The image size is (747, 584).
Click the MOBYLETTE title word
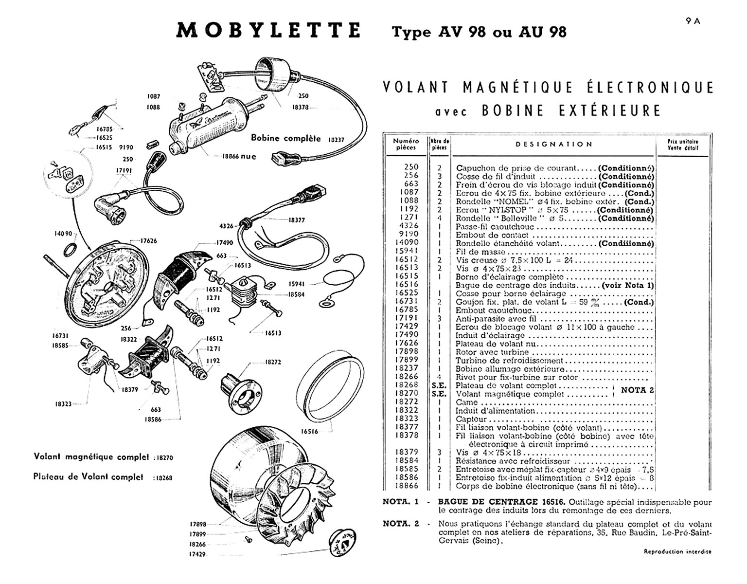pyautogui.click(x=268, y=30)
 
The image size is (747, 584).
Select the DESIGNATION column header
pyautogui.click(x=554, y=144)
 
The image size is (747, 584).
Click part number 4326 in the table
pyautogui.click(x=409, y=226)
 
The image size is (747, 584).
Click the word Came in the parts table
pyautogui.click(x=466, y=402)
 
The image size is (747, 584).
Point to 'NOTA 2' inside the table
pyautogui.click(x=638, y=390)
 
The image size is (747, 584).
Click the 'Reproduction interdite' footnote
pyautogui.click(x=677, y=551)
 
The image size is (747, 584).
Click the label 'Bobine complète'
pyautogui.click(x=285, y=138)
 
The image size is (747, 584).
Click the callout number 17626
pyautogui.click(x=149, y=241)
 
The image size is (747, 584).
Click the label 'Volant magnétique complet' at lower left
pyautogui.click(x=91, y=457)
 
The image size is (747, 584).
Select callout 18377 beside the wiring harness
pyautogui.click(x=297, y=220)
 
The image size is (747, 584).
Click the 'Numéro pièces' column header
pyautogui.click(x=406, y=144)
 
